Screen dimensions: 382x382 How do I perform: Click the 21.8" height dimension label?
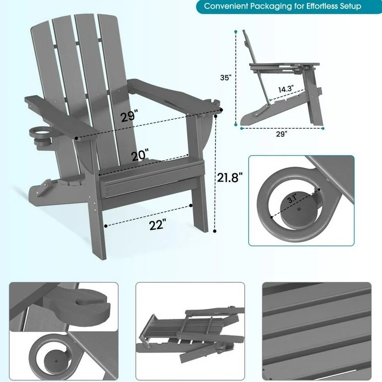pyautogui.click(x=230, y=178)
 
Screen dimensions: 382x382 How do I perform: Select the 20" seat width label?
pyautogui.click(x=140, y=155)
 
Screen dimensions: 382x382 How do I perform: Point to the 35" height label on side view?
pyautogui.click(x=226, y=78)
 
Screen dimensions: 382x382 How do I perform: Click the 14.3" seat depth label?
pyautogui.click(x=286, y=89)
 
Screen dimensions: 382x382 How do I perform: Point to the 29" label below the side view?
pyautogui.click(x=282, y=134)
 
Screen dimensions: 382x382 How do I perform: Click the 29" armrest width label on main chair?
pyautogui.click(x=129, y=115)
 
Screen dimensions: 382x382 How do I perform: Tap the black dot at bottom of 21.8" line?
pyautogui.click(x=215, y=231)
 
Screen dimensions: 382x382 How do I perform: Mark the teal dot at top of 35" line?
pyautogui.click(x=236, y=32)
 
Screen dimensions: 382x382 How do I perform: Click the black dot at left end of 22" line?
pyautogui.click(x=106, y=226)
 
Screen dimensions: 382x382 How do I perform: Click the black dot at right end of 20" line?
pyautogui.click(x=188, y=155)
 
